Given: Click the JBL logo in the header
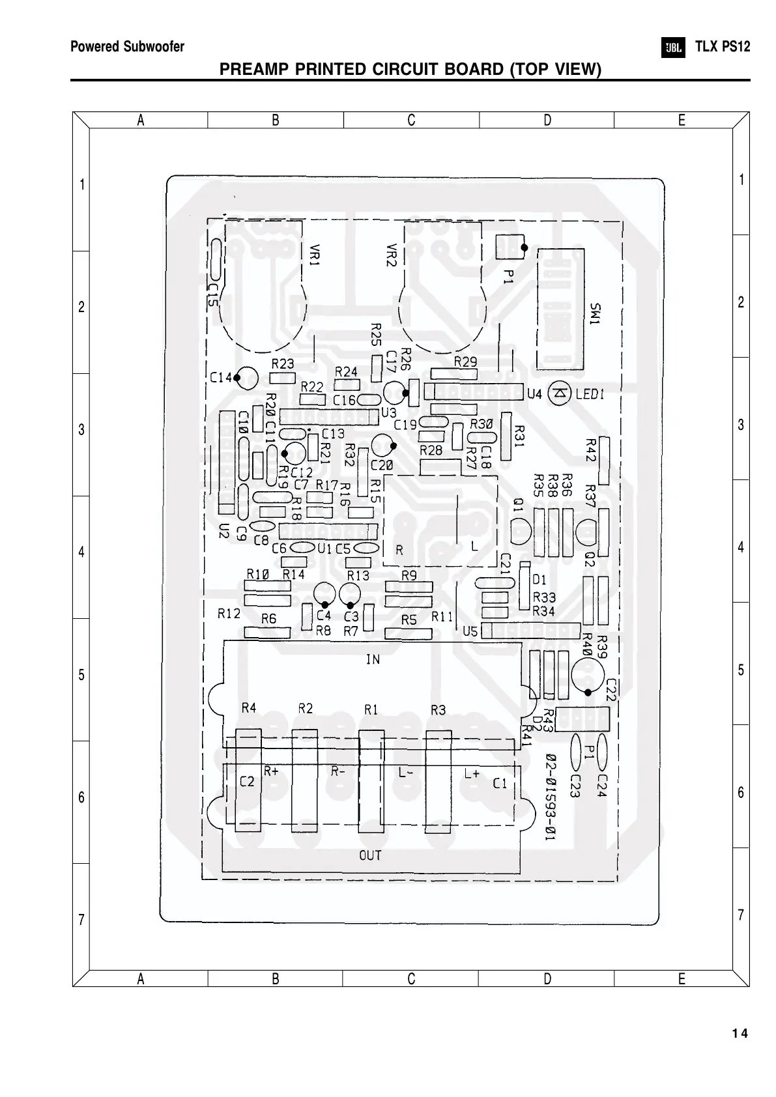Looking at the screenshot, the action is point(674,48).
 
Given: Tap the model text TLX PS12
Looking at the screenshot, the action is point(723,47).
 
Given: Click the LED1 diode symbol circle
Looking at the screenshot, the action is point(560,393).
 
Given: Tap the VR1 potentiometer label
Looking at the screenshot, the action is point(315,255).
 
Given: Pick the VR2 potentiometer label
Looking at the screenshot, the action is point(391,255).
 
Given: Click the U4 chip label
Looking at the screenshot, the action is point(534,393).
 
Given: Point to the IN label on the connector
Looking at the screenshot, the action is point(373,660).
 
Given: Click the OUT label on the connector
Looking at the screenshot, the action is point(370,855).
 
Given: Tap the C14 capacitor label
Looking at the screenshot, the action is point(221,377).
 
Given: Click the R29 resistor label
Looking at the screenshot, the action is point(465,362).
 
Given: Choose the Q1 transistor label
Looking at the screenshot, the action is point(518,506).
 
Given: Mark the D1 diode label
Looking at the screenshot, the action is point(539,580).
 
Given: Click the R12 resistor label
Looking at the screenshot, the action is point(229,614).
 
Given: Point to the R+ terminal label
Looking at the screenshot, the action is point(272,771).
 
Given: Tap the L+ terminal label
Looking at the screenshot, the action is point(472,773).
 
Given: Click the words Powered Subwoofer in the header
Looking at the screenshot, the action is point(127,47).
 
